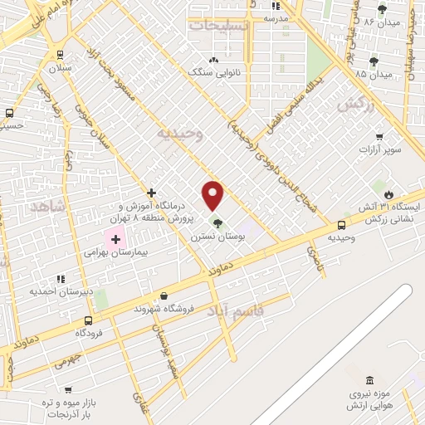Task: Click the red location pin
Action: point(213,195)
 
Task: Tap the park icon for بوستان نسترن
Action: point(217,222)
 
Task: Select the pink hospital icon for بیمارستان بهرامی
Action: point(115,239)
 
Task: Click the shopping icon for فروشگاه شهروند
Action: point(164,296)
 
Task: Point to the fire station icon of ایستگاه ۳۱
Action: point(388,193)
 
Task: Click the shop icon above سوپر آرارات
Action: point(379,137)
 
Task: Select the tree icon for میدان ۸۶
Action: point(382,9)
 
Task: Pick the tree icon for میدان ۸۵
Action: point(374,61)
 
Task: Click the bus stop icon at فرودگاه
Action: point(88,320)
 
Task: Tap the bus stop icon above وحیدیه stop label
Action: point(341,225)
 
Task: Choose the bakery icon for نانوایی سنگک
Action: point(215,60)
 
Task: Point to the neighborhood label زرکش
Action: point(352,105)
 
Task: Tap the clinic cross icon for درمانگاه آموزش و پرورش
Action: point(151,193)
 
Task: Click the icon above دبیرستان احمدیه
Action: point(60,279)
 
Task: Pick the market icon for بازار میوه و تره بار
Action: point(68,389)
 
